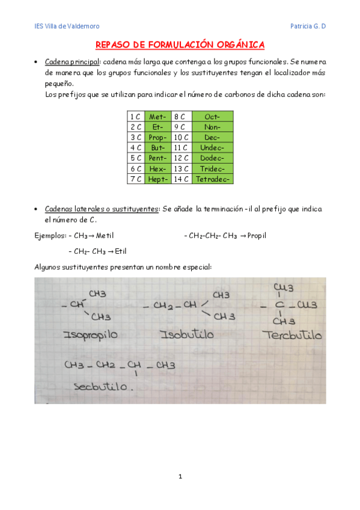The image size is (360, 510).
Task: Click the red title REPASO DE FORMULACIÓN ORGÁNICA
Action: point(180,45)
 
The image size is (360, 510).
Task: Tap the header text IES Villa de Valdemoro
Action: point(66,26)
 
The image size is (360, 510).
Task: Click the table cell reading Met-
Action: point(157,116)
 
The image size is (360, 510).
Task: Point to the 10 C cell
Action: point(181,137)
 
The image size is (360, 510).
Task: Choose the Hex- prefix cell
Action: point(157,168)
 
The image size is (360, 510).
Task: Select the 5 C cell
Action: point(135,158)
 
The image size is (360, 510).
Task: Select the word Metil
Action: point(105,236)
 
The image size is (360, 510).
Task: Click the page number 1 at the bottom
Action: point(180,477)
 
